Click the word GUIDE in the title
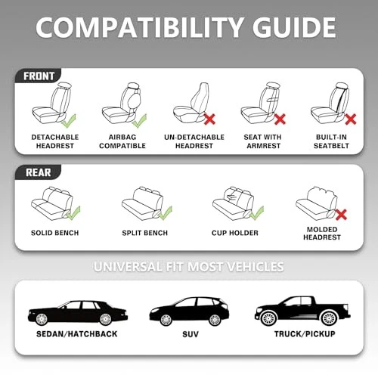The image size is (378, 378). pos(294,27)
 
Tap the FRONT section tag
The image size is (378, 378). pos(39,76)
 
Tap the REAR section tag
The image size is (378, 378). pos(38,172)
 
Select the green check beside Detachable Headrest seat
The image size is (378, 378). pos(69,121)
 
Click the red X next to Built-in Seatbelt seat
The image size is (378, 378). pos(350,119)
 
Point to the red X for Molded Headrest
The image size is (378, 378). pos(341,215)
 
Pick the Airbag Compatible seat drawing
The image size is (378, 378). pos(122,103)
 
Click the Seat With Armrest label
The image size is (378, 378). pos(263,141)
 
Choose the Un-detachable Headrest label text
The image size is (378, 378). pos(194,141)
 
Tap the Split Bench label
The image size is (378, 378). pos(145,233)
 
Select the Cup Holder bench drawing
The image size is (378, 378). pos(233,203)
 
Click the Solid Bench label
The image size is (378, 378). pos(55,233)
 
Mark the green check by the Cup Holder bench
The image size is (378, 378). pos(257,212)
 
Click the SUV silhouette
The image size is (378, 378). pos(189,311)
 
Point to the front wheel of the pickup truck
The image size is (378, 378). pos(269,318)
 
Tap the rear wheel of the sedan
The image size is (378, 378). pos(105,319)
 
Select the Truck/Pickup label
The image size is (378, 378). pos(305,334)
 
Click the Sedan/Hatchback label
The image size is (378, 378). pos(77,334)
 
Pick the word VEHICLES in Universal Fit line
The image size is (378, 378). pos(256,267)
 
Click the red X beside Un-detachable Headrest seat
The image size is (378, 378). pos(209,119)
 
